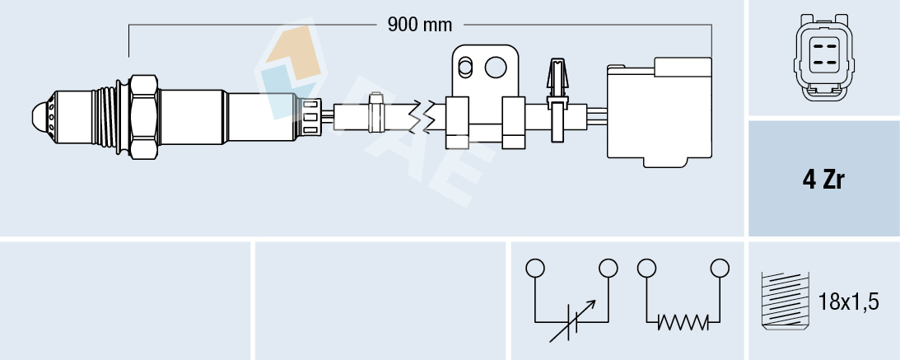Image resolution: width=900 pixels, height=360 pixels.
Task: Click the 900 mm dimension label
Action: (x=420, y=25)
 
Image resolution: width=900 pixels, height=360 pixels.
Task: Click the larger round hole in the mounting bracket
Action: (x=497, y=65)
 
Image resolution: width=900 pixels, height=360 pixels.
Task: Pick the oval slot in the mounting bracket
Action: (x=465, y=65)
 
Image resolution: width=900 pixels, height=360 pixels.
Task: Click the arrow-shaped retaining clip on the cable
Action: (x=557, y=78)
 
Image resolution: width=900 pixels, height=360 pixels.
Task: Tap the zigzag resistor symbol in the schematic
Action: (x=683, y=322)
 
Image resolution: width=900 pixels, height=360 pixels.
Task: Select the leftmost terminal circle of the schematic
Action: (x=535, y=268)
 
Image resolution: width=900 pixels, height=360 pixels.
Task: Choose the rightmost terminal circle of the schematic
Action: (x=720, y=268)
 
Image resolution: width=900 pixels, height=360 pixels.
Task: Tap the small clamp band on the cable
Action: (x=375, y=115)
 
